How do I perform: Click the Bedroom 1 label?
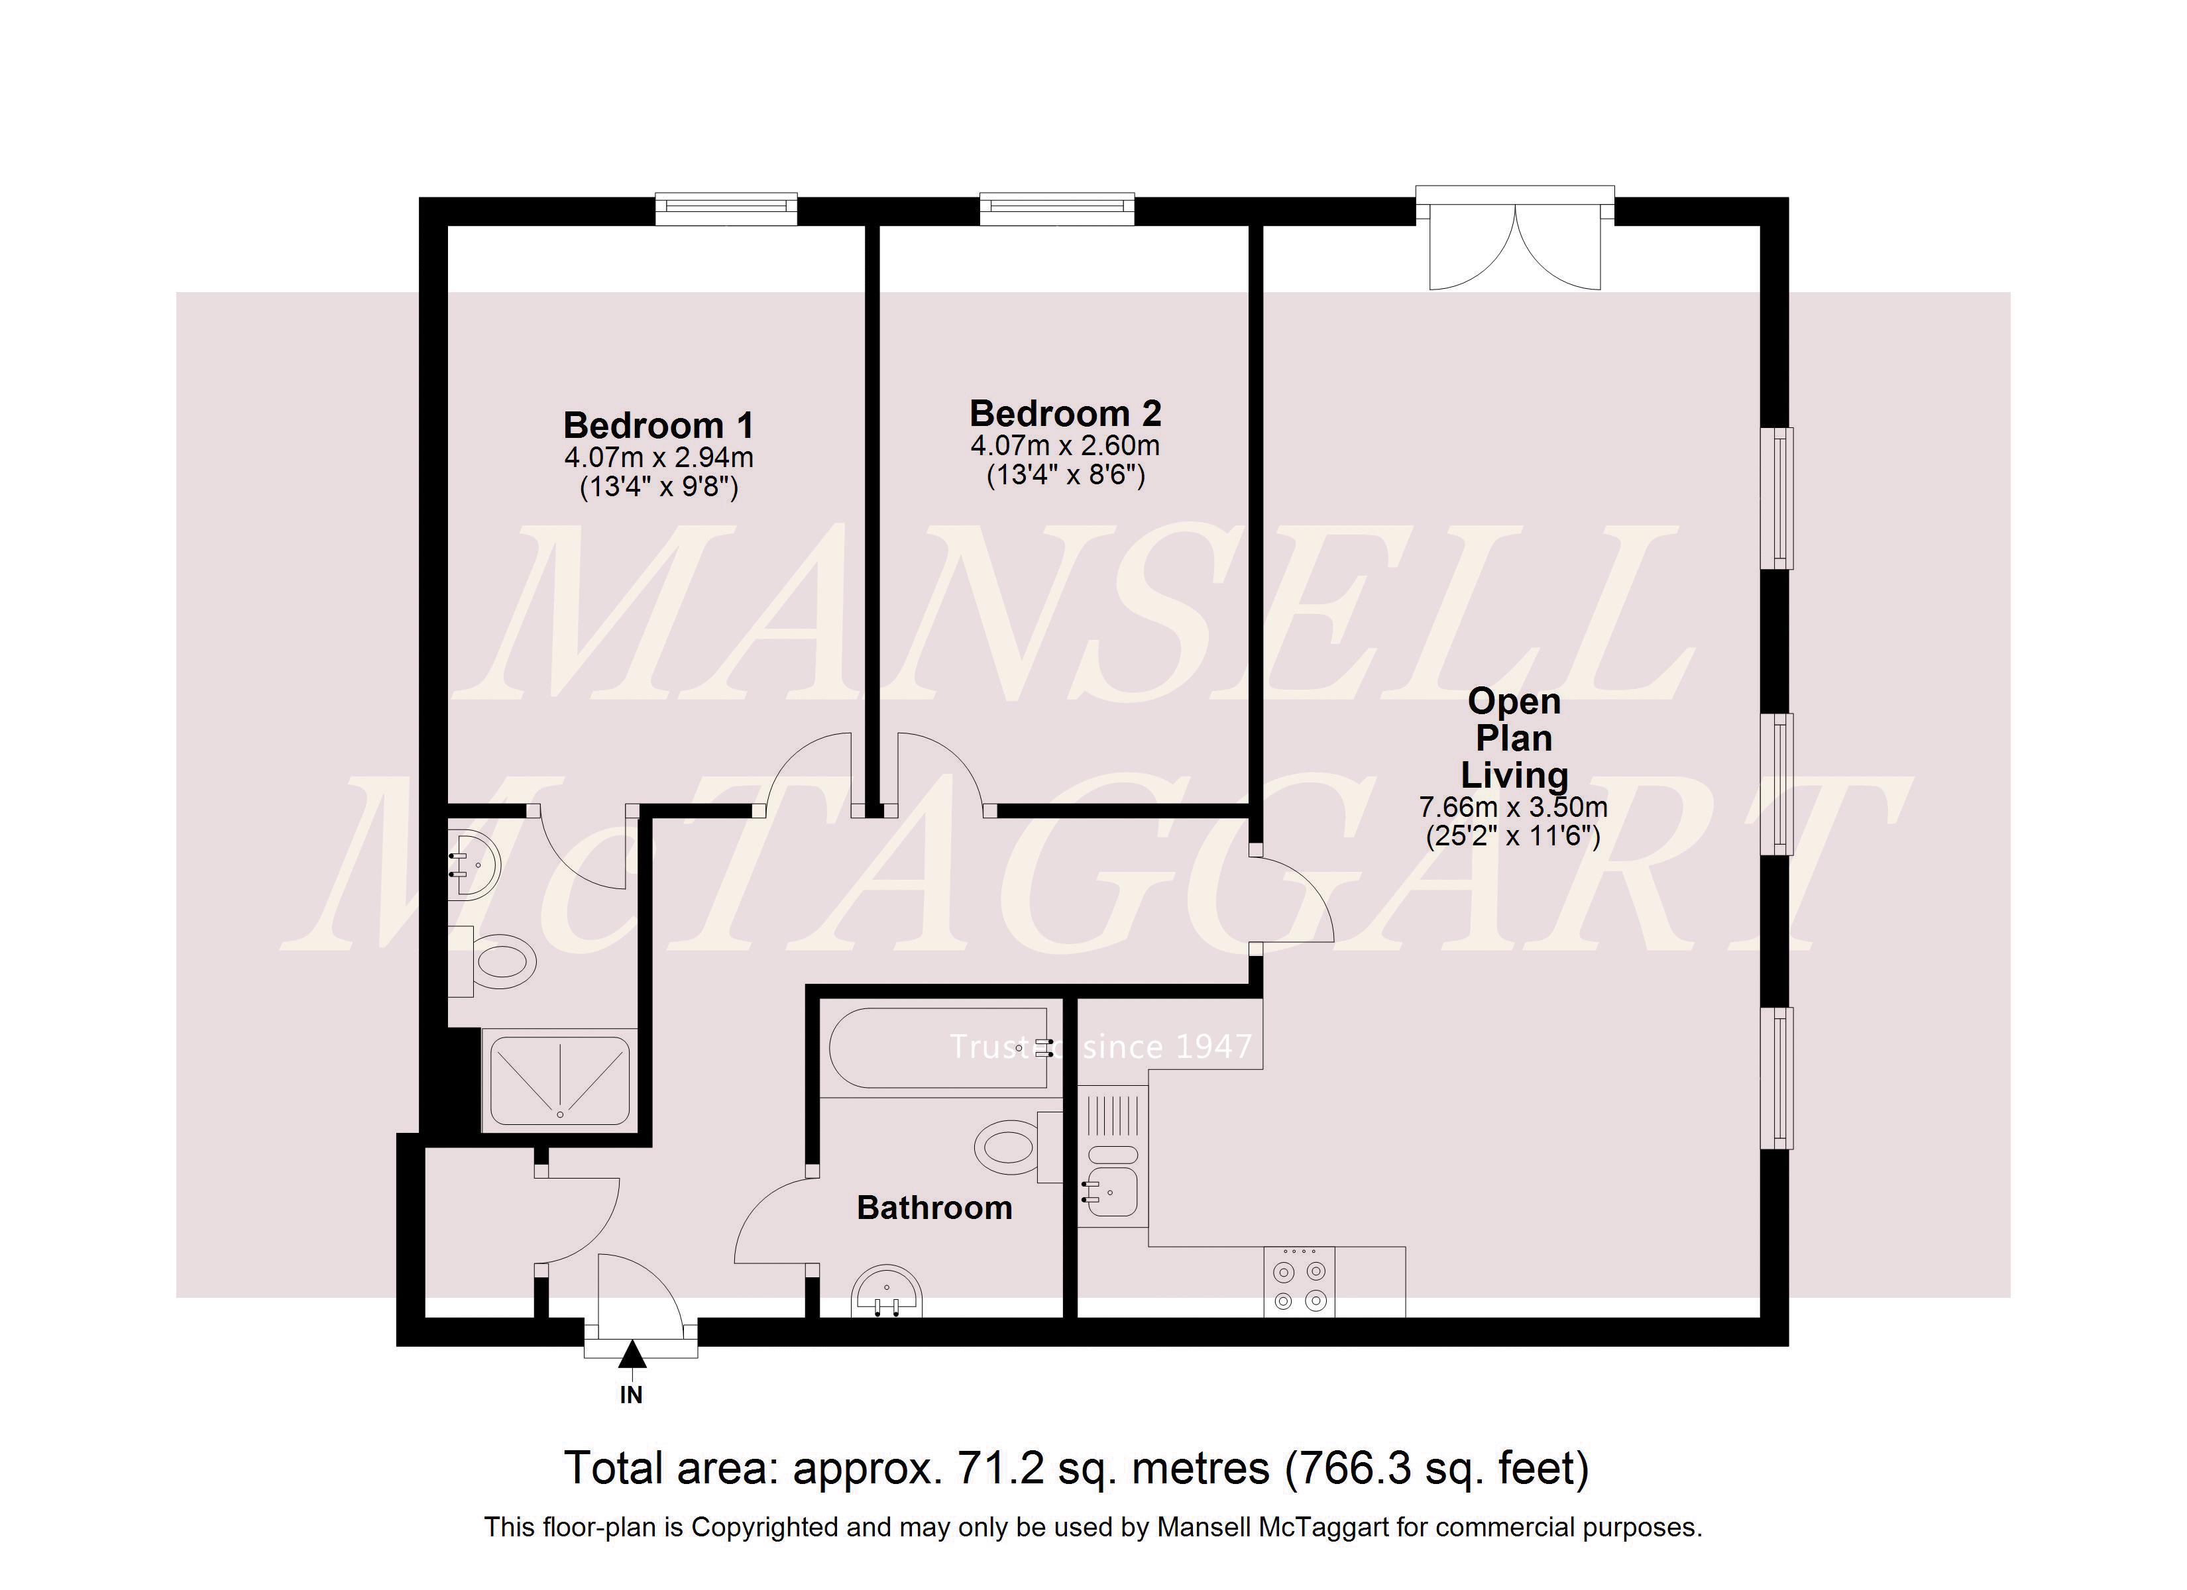(659, 425)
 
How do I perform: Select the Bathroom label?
(934, 1208)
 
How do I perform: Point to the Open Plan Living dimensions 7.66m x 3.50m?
(1513, 806)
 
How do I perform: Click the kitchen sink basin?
(1114, 1192)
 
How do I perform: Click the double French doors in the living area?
(1515, 246)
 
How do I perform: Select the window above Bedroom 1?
(726, 207)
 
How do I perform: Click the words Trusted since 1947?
(1100, 1047)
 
